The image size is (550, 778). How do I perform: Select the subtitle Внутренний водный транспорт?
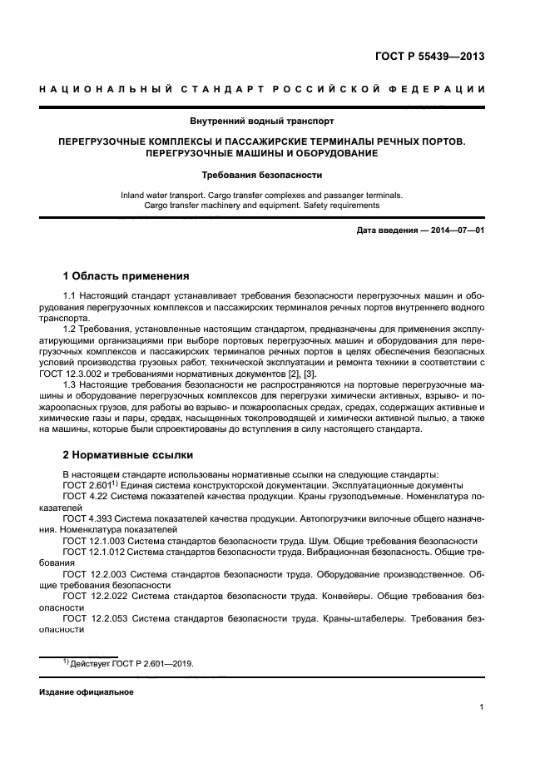tap(274, 121)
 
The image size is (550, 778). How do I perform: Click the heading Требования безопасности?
tap(274, 176)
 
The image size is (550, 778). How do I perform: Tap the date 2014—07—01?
tap(454, 230)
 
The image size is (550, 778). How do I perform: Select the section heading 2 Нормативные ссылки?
tap(128, 455)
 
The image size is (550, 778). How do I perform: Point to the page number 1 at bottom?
tap(482, 708)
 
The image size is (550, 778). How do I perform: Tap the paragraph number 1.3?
tap(71, 397)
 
